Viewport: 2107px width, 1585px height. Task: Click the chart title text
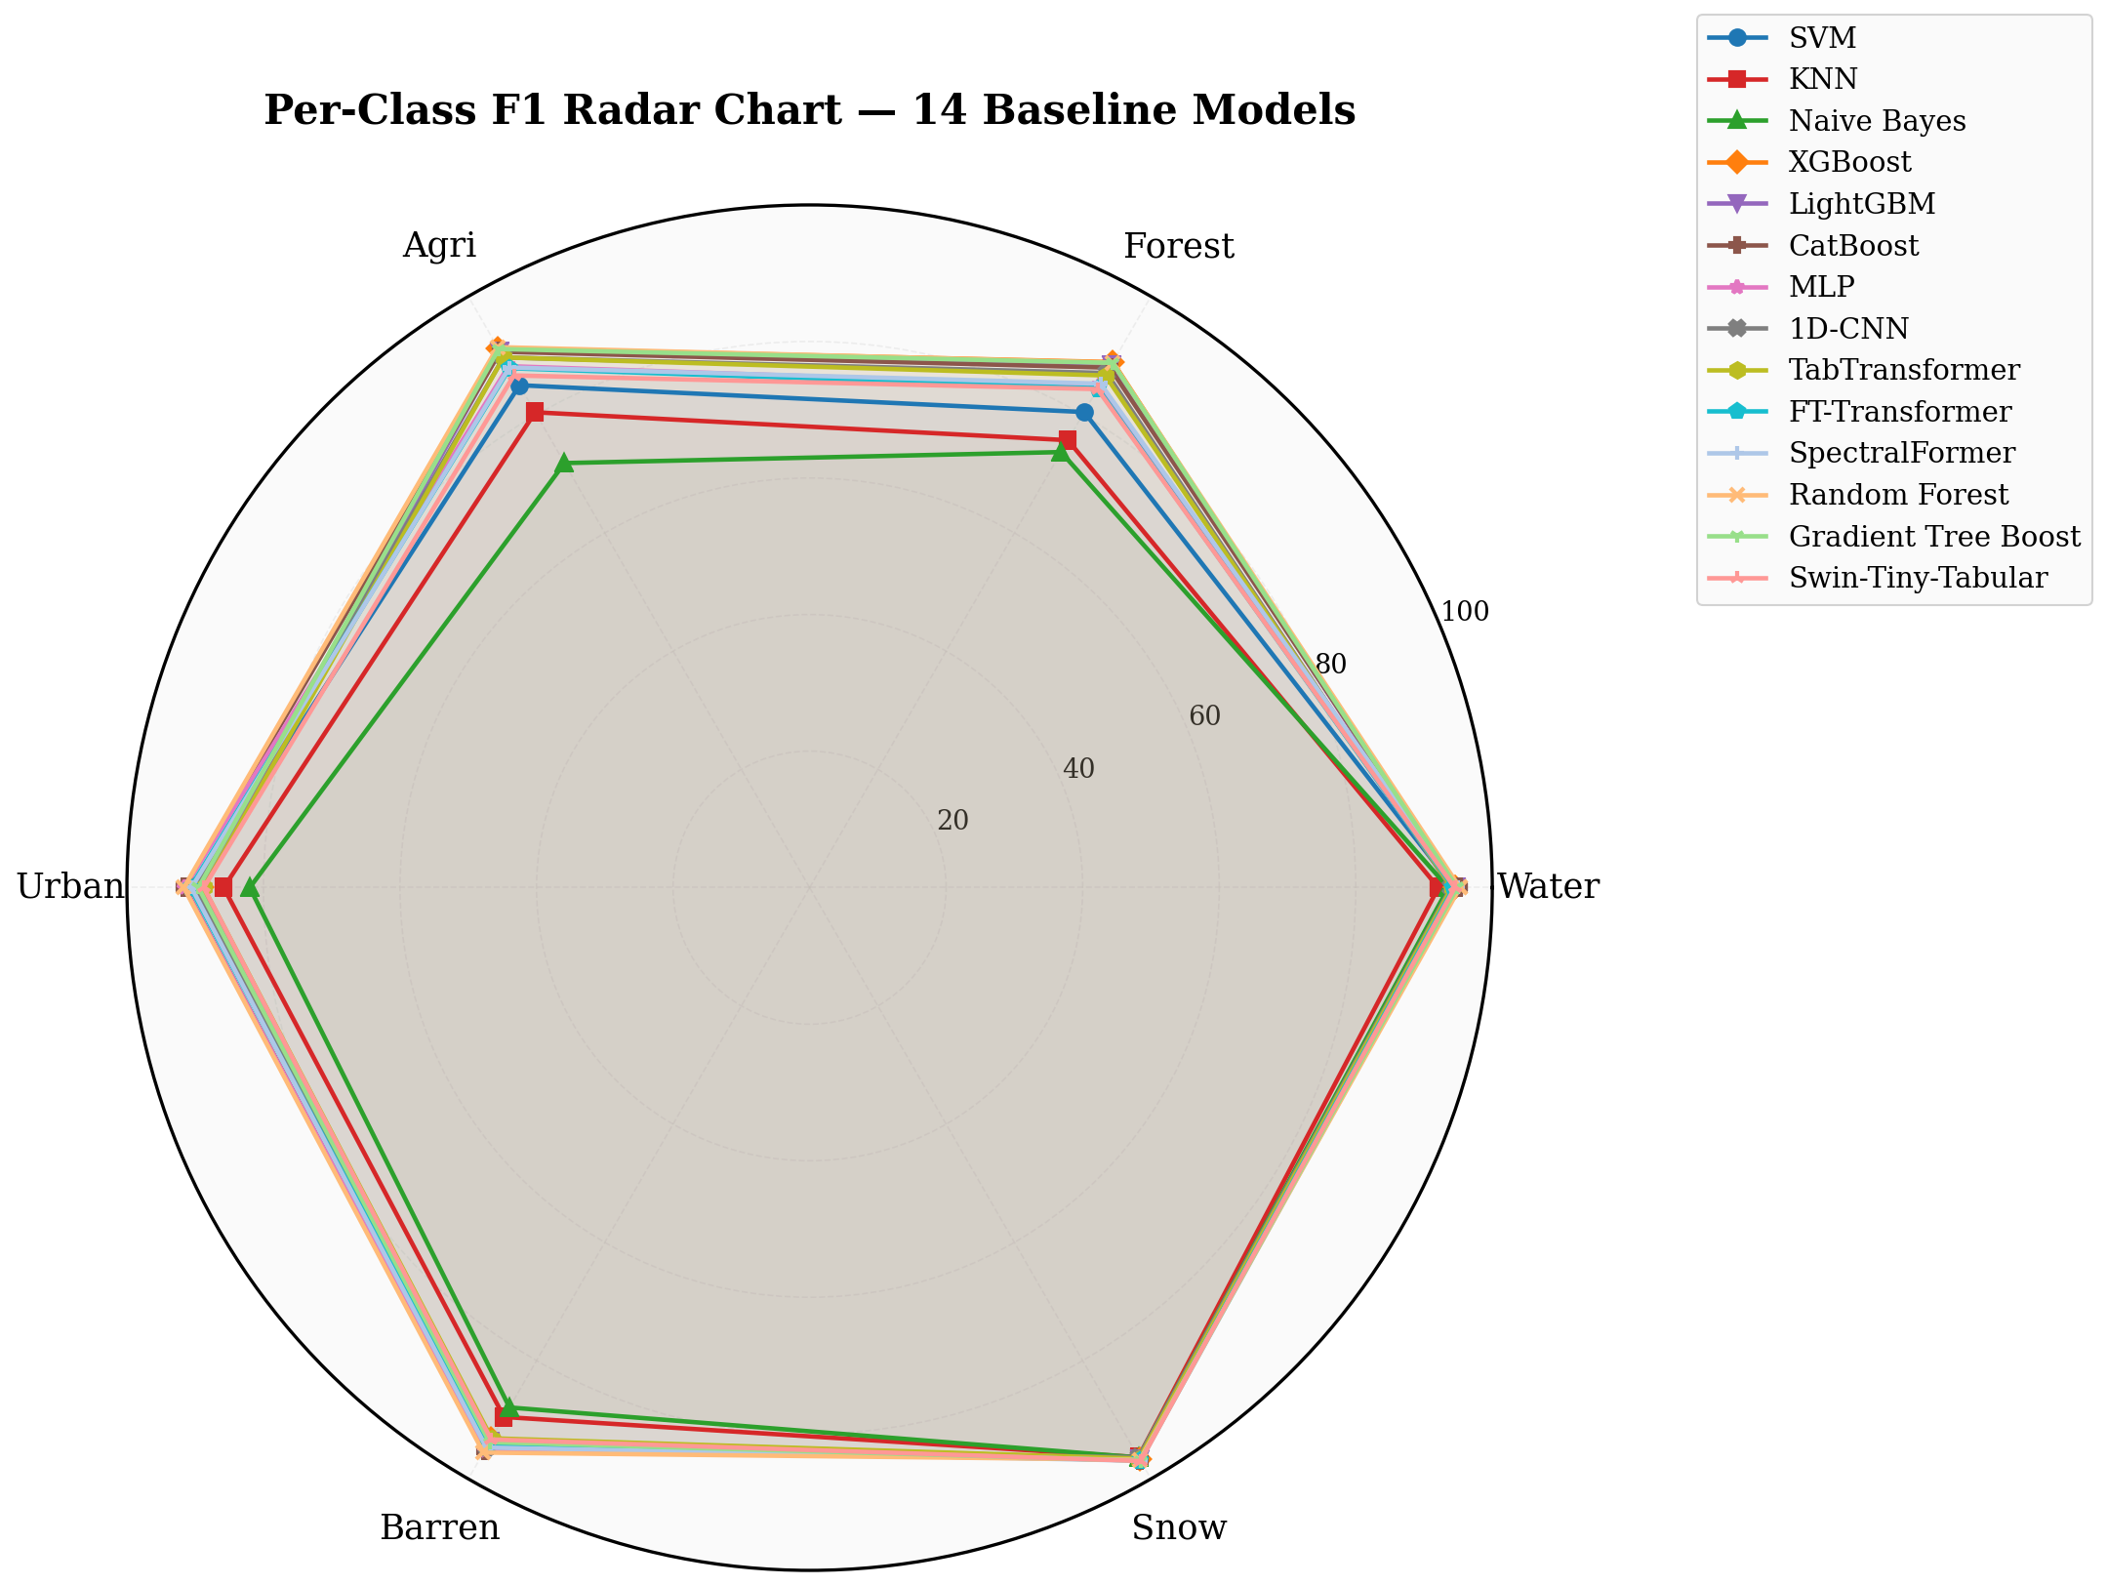[809, 110]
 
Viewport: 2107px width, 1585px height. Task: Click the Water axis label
[1549, 886]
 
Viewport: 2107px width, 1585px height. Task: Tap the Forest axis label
[1179, 246]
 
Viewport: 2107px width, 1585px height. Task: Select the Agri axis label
[439, 246]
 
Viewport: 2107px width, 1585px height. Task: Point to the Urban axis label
[70, 886]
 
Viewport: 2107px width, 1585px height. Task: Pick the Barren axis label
[439, 1527]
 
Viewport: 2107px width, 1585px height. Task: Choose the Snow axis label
[1179, 1527]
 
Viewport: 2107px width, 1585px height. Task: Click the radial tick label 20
[953, 821]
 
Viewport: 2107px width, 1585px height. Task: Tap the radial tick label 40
[1078, 769]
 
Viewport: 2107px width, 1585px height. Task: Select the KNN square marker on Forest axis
[1068, 440]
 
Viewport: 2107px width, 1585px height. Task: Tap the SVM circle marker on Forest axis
[1084, 412]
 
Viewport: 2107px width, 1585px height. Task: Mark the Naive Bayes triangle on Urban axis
[250, 887]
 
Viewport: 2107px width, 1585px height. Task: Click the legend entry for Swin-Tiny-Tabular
[1878, 578]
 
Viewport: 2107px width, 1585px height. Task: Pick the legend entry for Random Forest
[1858, 495]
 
